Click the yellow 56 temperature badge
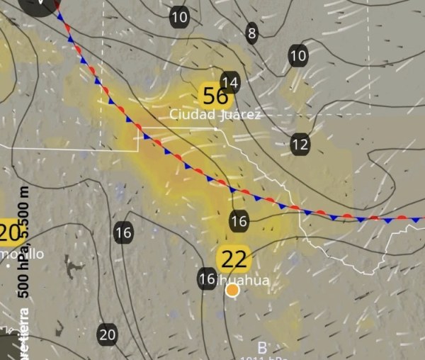pos(215,95)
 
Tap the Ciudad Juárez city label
pos(215,114)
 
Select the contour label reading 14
pos(230,81)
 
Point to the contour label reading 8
pos(252,32)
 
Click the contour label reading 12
pos(300,145)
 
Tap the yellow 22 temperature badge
pos(234,260)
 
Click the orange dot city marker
pos(232,289)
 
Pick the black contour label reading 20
pos(108,334)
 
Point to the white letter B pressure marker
pos(262,348)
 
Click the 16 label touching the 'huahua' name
pos(207,279)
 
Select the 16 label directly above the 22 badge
pos(239,221)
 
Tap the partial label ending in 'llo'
pos(25,254)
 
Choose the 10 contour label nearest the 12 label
pos(298,55)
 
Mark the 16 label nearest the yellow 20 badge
pos(123,232)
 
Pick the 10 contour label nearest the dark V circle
pos(180,17)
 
